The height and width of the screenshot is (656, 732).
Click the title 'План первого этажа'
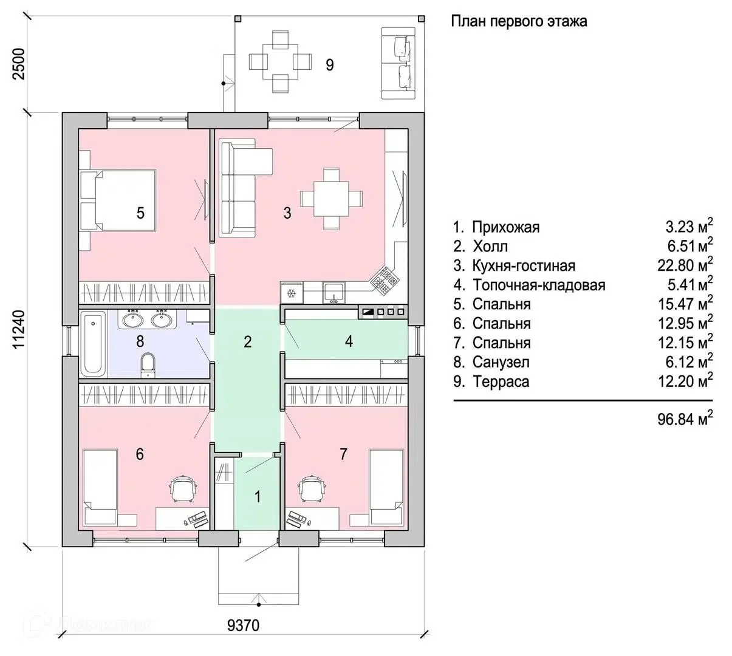tap(519, 21)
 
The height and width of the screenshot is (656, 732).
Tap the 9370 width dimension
tap(243, 625)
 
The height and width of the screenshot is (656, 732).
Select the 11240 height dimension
tap(19, 329)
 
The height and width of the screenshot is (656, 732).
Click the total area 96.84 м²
tap(685, 419)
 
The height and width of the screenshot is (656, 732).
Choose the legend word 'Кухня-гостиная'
tap(524, 266)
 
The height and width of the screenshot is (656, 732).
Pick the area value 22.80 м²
tap(685, 265)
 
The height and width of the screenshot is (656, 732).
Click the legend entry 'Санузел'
tap(501, 362)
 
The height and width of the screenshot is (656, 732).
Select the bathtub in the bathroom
tap(94, 343)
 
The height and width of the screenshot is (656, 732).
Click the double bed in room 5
tap(118, 200)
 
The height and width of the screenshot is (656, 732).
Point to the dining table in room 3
tap(331, 199)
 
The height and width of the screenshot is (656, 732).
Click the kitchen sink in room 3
tap(334, 292)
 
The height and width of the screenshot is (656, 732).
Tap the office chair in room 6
tap(183, 488)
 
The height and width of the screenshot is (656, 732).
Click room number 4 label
tap(349, 341)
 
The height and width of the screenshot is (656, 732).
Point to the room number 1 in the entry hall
tap(257, 497)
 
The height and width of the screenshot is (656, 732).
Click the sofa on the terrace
tap(398, 63)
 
